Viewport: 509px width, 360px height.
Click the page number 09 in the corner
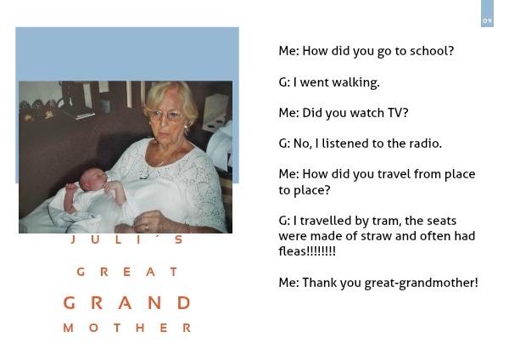point(487,20)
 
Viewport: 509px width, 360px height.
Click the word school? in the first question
point(432,51)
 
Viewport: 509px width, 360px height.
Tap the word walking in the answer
point(355,82)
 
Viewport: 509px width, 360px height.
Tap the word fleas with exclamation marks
point(307,250)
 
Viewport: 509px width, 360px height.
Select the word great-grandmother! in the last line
point(422,283)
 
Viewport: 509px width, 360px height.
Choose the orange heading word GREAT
point(127,272)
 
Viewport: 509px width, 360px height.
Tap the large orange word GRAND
point(126,303)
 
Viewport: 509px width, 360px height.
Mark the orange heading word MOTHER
point(127,328)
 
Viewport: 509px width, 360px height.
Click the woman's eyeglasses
point(165,115)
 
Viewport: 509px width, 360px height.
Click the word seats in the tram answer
point(442,221)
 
